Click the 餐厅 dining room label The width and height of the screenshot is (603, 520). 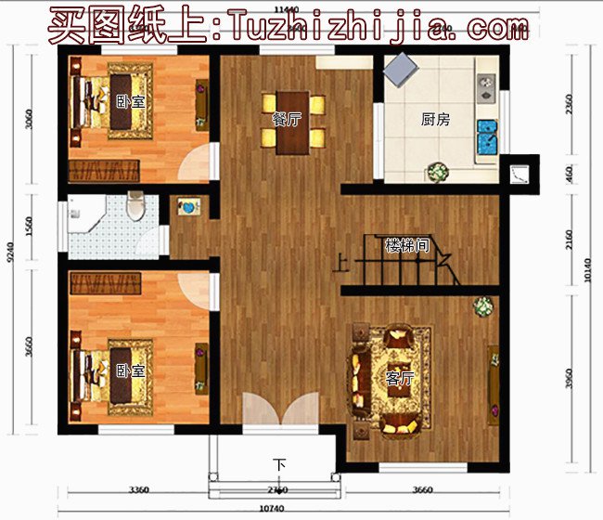[284, 119]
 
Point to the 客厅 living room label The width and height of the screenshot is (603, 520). [399, 378]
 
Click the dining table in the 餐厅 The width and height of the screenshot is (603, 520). [293, 121]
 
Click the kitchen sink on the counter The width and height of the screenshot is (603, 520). [485, 89]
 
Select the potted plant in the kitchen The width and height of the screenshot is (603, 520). [437, 172]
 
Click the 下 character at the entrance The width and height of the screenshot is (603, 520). [279, 464]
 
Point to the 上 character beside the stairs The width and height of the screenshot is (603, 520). [341, 264]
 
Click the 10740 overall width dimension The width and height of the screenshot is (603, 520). [272, 510]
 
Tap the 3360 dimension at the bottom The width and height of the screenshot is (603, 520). [138, 489]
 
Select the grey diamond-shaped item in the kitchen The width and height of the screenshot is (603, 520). [402, 68]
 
